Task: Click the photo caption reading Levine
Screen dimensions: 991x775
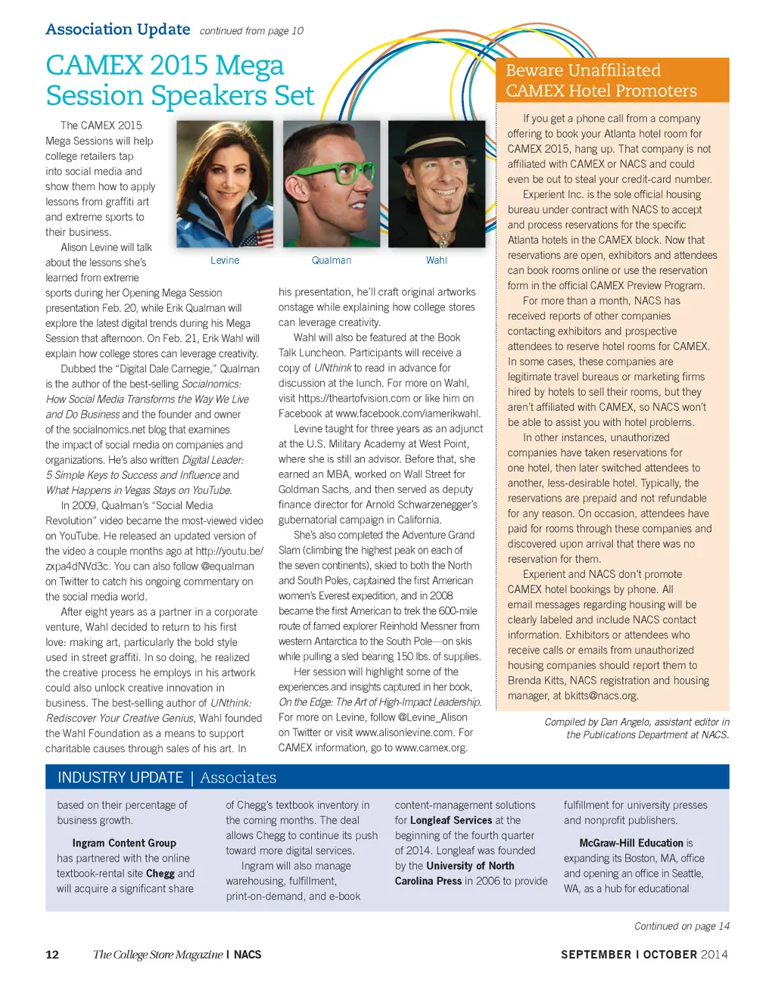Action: [x=225, y=260]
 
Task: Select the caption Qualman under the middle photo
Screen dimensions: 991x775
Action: [x=331, y=260]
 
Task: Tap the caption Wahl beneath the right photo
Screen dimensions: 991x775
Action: [x=437, y=260]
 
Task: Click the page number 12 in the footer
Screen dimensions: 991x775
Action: [x=52, y=955]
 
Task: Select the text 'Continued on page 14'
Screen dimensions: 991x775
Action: [x=681, y=926]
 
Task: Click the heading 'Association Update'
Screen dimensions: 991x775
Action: [x=118, y=30]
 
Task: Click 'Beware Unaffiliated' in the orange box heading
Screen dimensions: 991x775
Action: [x=583, y=70]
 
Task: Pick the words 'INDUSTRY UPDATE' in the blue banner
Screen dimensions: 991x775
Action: [x=120, y=778]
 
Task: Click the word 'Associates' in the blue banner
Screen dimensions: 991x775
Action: [x=238, y=778]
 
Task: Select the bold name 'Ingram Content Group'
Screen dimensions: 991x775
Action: [x=124, y=843]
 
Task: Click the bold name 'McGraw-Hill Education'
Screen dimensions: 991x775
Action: [x=631, y=843]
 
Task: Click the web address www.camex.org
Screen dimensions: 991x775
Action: [x=431, y=747]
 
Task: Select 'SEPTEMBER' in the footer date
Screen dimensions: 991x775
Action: [x=596, y=955]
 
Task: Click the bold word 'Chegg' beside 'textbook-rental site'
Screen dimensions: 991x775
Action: [x=160, y=873]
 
